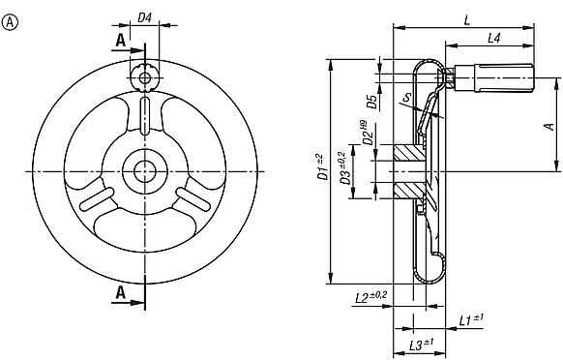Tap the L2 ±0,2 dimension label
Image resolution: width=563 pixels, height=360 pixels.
370,294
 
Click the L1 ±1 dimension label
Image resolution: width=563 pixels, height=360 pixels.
470,317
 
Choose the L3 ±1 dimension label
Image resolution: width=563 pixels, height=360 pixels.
421,345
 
